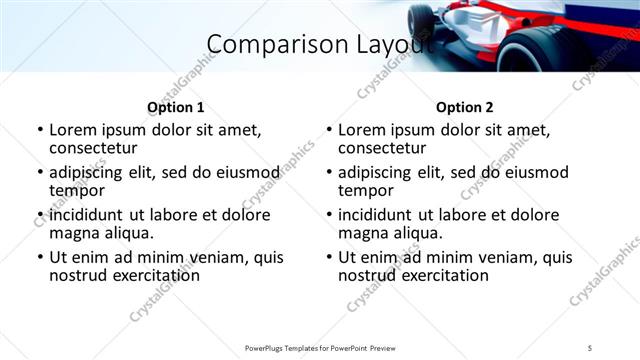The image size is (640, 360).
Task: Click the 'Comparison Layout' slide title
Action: pyautogui.click(x=320, y=44)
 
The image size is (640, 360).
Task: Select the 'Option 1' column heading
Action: pyautogui.click(x=175, y=107)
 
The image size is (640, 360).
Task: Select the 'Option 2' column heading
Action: pyautogui.click(x=464, y=107)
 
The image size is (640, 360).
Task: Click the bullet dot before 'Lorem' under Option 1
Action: pyautogui.click(x=39, y=131)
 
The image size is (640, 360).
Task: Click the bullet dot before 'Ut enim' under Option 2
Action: pyautogui.click(x=328, y=258)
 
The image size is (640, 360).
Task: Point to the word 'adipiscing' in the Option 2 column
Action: pyautogui.click(x=382, y=172)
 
